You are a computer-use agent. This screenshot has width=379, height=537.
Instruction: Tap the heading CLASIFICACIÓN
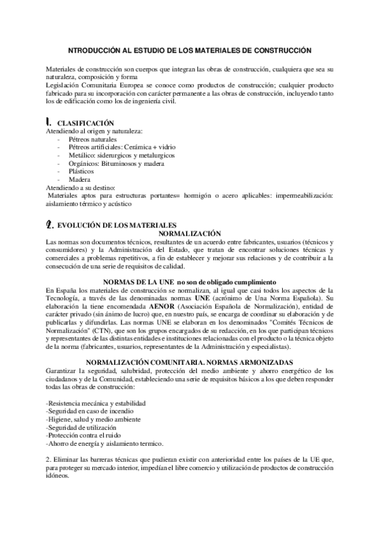point(86,122)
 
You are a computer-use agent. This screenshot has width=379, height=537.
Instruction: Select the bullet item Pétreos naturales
point(93,139)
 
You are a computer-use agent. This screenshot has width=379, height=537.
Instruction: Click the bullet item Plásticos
point(82,171)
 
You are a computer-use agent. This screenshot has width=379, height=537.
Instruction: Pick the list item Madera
point(80,179)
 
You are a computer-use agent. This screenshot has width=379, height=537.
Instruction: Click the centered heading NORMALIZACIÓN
point(189,233)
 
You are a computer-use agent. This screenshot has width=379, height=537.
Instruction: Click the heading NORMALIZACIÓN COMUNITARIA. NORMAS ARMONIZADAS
point(189,362)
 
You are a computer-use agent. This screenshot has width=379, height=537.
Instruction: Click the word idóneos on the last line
point(59,477)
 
